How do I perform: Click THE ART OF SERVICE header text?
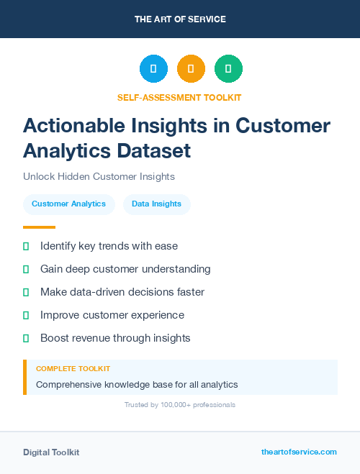pos(180,19)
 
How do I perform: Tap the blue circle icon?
pos(153,69)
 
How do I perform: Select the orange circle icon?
pos(191,69)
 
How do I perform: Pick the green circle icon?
pos(228,69)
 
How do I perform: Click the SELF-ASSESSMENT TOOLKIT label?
pos(179,97)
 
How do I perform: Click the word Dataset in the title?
pos(156,150)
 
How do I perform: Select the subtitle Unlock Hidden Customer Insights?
pos(99,176)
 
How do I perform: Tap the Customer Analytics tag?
pos(68,204)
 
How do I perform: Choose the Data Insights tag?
pos(156,204)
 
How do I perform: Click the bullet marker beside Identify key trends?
pos(26,246)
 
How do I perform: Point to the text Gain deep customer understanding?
pos(125,269)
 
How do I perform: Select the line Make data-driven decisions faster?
pos(122,292)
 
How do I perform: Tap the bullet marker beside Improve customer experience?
pos(26,315)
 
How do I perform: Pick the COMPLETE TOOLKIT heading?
pos(73,369)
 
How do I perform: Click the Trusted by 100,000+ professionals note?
pos(179,405)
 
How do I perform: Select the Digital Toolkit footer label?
pos(51,452)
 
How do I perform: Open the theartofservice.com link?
pos(299,452)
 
